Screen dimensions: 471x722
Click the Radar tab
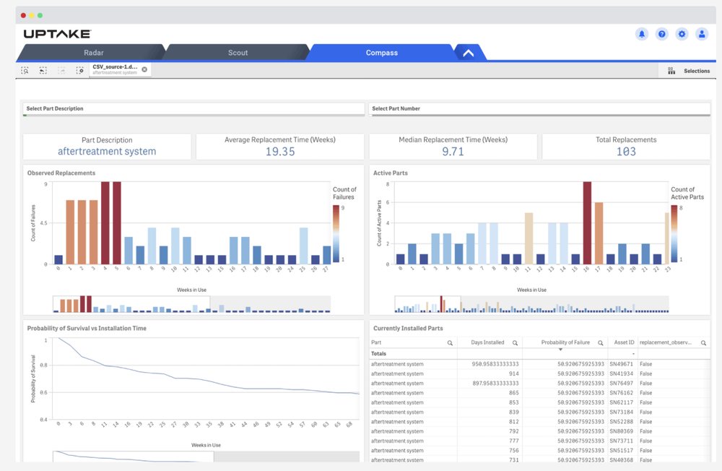pos(93,53)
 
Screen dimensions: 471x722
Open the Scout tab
pos(238,53)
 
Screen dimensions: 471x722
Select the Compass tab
pos(381,53)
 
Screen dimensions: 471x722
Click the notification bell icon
pos(641,34)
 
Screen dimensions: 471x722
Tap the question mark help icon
pos(661,34)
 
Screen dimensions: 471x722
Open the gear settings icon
pos(682,34)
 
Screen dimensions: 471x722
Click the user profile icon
pos(701,34)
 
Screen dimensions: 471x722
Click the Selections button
pos(690,71)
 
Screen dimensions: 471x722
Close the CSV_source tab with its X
pos(144,69)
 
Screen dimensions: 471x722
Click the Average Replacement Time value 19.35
pos(279,152)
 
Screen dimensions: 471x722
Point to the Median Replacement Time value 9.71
pos(453,152)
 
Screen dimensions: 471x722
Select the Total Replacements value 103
pos(625,152)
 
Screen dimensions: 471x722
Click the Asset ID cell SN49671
pos(621,364)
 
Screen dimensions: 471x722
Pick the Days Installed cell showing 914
pos(508,373)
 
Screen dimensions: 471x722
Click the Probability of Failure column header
pos(565,342)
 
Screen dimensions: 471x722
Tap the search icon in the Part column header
pos(450,343)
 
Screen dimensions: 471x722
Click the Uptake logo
pos(57,34)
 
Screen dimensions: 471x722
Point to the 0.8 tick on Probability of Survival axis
pos(44,366)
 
